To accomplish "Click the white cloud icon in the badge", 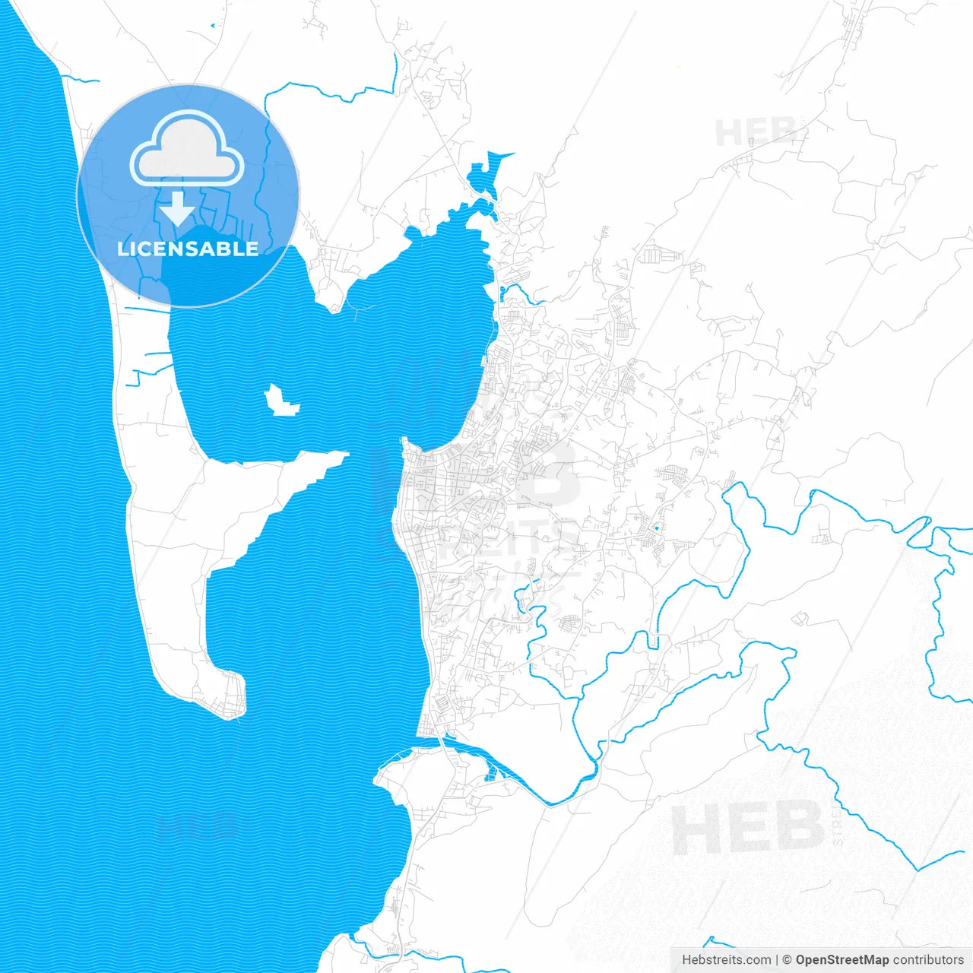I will (x=187, y=149).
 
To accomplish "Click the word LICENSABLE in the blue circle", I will (x=188, y=249).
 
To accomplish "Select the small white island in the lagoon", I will (x=280, y=401).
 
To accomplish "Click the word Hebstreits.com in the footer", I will (x=726, y=960).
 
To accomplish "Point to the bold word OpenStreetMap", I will (x=842, y=960).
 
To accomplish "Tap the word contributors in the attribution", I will (x=928, y=960).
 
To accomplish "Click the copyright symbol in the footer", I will (x=788, y=960).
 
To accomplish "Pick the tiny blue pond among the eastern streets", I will (x=656, y=527).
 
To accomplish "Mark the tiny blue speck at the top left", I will (x=212, y=27).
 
